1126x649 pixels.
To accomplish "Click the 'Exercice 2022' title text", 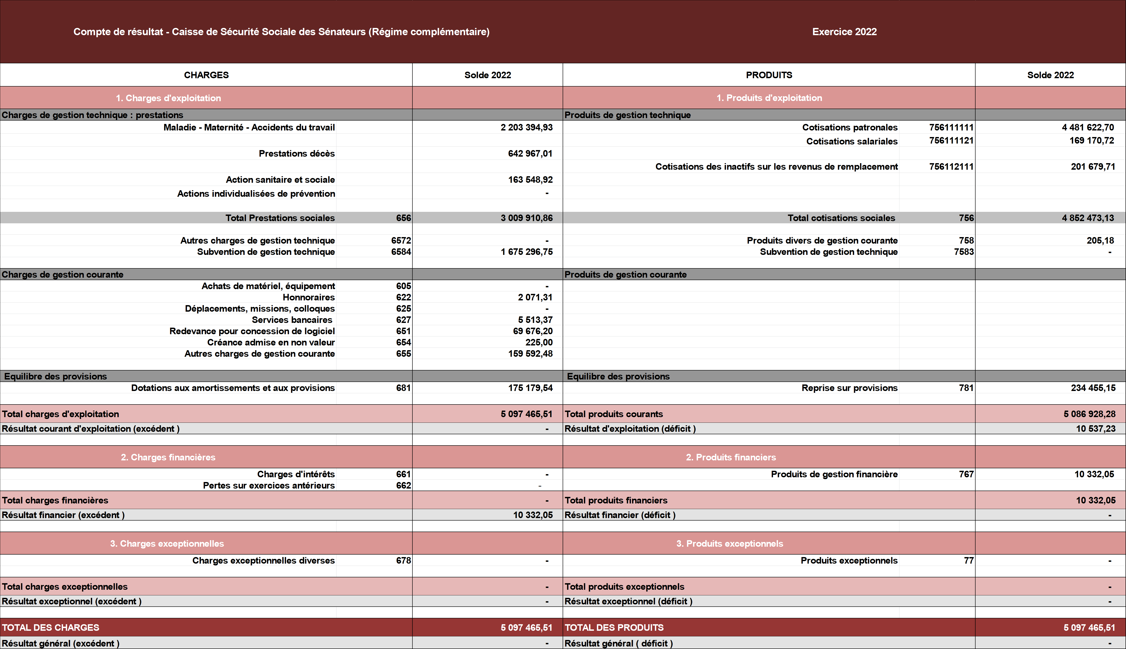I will (x=844, y=32).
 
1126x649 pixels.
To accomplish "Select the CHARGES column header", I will (x=206, y=75).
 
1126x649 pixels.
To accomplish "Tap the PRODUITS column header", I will (x=769, y=75).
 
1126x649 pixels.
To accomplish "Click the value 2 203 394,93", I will (x=526, y=128).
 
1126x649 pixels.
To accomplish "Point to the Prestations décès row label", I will (x=297, y=153).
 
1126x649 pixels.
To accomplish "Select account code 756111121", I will (x=951, y=141).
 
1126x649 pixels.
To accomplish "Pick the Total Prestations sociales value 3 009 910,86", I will (x=526, y=218).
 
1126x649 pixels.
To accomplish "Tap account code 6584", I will (x=401, y=252).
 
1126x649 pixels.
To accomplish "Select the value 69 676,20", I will (x=533, y=331).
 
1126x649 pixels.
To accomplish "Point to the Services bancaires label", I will (x=292, y=320).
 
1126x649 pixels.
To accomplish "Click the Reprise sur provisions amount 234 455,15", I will (x=1093, y=388).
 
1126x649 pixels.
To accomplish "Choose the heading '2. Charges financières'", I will (x=168, y=457).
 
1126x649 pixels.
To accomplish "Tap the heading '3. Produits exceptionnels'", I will (x=729, y=544).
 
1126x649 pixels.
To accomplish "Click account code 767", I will (x=966, y=474).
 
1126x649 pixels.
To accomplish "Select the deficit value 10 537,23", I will (x=1096, y=429).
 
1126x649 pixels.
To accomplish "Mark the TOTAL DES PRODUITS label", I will (x=614, y=628).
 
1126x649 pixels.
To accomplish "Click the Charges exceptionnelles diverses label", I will (x=263, y=561).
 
